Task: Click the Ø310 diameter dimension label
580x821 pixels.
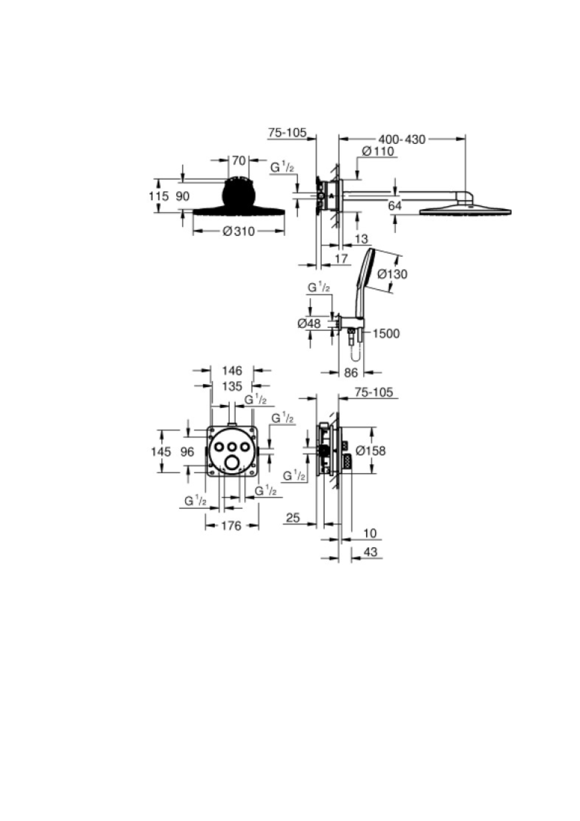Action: pos(239,232)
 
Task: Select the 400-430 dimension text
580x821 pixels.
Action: pos(402,140)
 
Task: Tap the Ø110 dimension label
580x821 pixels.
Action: pos(378,151)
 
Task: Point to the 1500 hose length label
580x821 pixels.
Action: pos(386,333)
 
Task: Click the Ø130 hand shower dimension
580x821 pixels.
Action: pos(393,274)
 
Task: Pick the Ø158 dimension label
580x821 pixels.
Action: pos(371,451)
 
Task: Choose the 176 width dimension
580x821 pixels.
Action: pos(231,525)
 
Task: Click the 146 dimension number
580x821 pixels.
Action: pos(232,371)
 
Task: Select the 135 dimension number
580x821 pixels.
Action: pos(232,386)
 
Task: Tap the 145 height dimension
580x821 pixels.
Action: pos(161,452)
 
